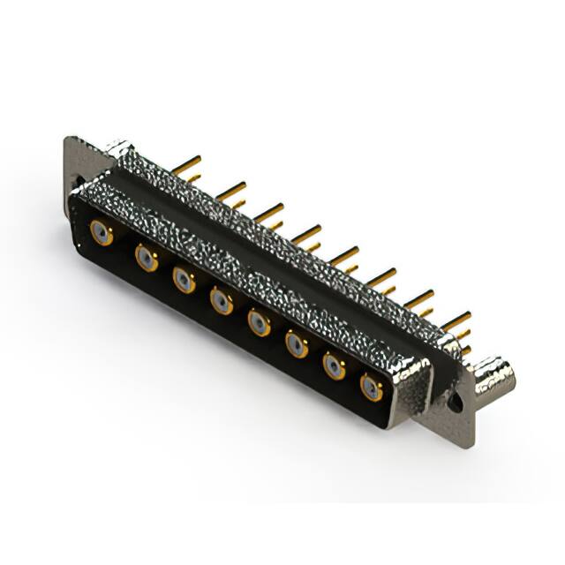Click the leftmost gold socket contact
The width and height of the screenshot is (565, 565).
pyautogui.click(x=102, y=234)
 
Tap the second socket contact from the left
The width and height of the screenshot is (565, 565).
pyautogui.click(x=146, y=258)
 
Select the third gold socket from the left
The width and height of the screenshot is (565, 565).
pyautogui.click(x=184, y=281)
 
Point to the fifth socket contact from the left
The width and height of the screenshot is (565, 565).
pyautogui.click(x=259, y=324)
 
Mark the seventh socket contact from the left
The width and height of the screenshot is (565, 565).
pyautogui.click(x=334, y=366)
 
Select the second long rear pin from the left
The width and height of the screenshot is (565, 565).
pyautogui.click(x=230, y=188)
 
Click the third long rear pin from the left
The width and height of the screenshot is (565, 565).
pyautogui.click(x=268, y=211)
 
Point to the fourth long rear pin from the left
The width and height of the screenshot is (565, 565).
pyautogui.click(x=306, y=233)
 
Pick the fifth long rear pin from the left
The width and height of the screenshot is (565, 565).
pyautogui.click(x=344, y=255)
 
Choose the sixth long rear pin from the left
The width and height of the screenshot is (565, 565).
pyautogui.click(x=381, y=278)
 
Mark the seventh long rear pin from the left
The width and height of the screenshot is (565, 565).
pyautogui.click(x=419, y=299)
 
